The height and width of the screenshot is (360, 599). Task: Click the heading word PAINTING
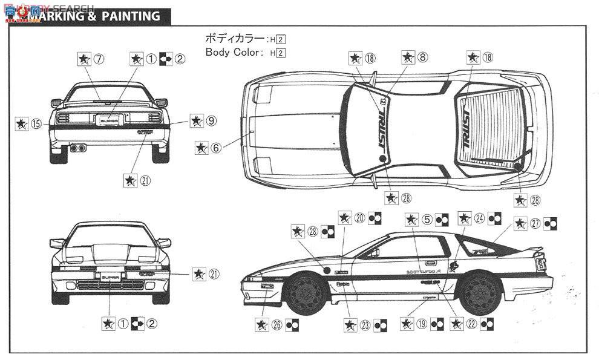pyautogui.click(x=134, y=16)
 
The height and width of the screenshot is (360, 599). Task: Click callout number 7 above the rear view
pyautogui.click(x=99, y=59)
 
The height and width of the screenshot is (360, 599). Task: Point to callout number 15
pyautogui.click(x=36, y=123)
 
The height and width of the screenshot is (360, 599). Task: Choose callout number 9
pyautogui.click(x=211, y=121)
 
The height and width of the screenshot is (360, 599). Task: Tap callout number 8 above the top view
pyautogui.click(x=422, y=58)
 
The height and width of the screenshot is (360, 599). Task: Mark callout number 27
pyautogui.click(x=535, y=223)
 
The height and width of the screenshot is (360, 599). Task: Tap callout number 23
pyautogui.click(x=364, y=324)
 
